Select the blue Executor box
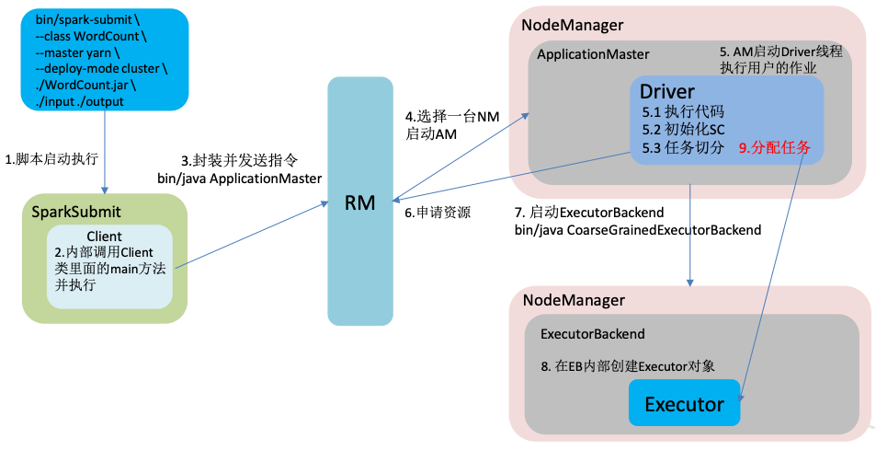684,403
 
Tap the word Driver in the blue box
667,91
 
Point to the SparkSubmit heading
76,212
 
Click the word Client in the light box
103,237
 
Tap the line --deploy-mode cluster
101,69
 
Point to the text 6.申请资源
438,212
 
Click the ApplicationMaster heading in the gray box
593,54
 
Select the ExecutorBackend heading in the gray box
592,333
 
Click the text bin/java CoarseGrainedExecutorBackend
637,229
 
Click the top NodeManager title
573,25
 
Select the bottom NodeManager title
573,300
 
